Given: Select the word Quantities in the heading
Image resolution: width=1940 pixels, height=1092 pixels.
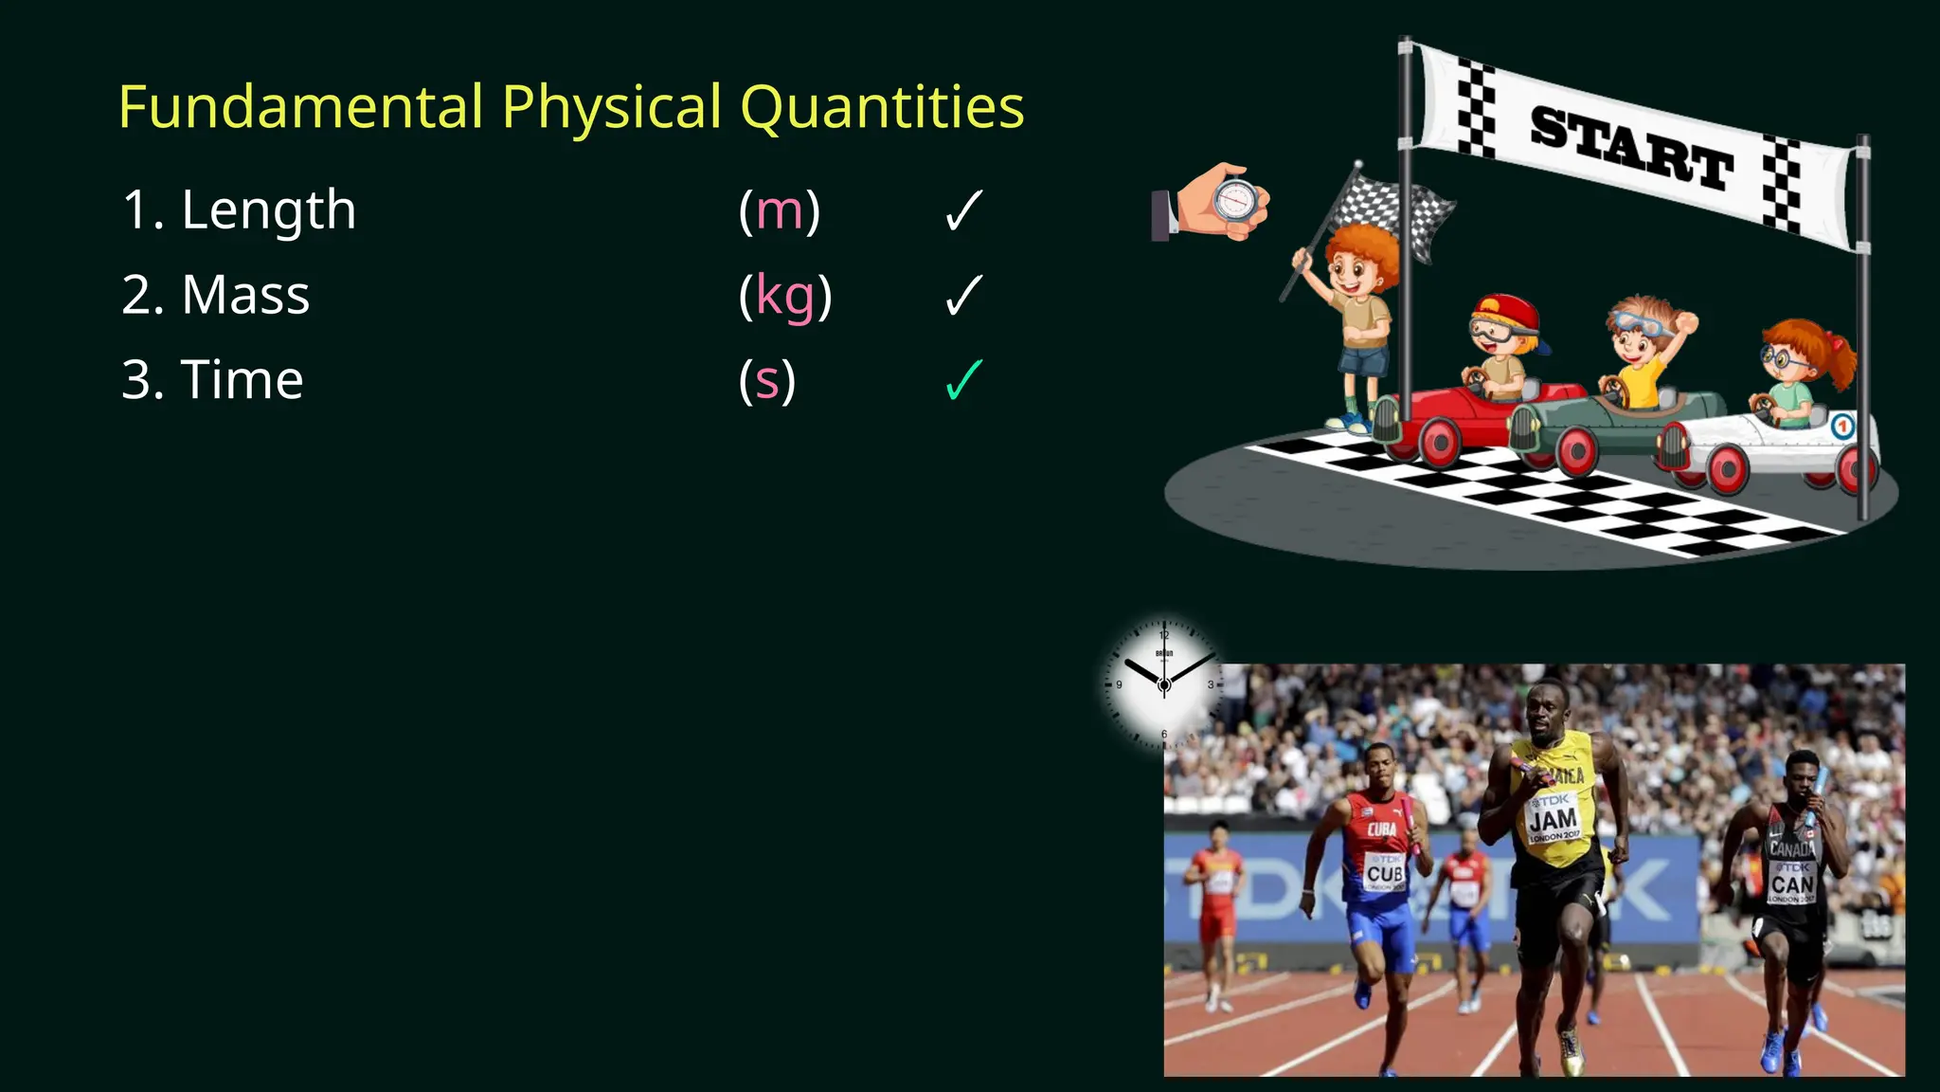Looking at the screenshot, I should [x=882, y=108].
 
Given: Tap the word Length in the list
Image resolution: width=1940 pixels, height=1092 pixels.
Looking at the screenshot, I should [x=269, y=209].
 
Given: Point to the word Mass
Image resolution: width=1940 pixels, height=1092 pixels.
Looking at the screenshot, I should [x=245, y=295].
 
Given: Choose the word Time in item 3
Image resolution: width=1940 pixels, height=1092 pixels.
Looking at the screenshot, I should [x=242, y=380].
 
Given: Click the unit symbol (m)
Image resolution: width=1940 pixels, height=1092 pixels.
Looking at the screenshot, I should [x=779, y=210].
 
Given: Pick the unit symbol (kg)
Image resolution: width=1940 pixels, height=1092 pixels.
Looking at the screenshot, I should [x=784, y=297].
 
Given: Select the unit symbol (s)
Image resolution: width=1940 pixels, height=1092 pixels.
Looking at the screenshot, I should [x=766, y=381].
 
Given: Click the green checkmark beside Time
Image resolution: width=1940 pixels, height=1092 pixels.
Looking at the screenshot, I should [x=963, y=380].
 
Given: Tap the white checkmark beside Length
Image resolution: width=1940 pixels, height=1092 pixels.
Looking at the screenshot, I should [x=963, y=210].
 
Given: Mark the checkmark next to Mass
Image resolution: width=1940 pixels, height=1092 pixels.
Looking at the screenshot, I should [x=963, y=296].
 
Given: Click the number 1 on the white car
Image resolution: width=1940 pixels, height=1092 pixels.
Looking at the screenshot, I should [x=1841, y=427].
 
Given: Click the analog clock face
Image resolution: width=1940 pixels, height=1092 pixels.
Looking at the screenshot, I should [x=1164, y=683].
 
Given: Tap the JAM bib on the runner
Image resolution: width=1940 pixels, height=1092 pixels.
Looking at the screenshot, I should [x=1554, y=819].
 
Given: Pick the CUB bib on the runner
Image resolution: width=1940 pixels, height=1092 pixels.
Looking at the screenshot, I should [x=1384, y=872].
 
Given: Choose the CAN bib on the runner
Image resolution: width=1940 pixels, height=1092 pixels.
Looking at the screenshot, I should [x=1792, y=883].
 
